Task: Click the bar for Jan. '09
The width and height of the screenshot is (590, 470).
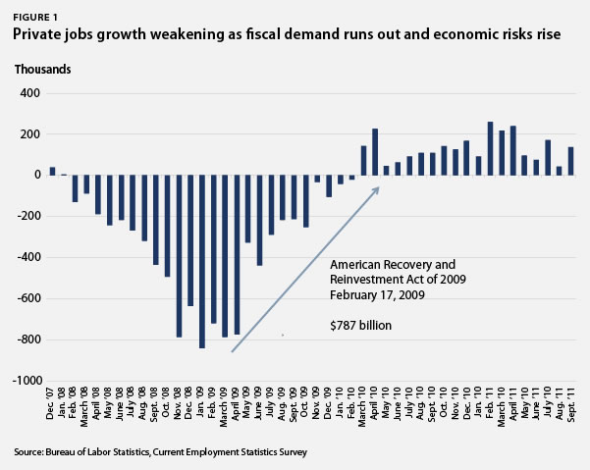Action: [x=202, y=262]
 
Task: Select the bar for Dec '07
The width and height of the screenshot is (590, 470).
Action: [x=52, y=171]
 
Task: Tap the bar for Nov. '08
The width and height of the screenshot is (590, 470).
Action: [x=179, y=256]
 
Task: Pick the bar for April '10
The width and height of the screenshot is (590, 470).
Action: [x=375, y=152]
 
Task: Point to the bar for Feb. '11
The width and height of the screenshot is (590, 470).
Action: [x=490, y=148]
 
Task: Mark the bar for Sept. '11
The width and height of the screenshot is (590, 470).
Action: [x=570, y=161]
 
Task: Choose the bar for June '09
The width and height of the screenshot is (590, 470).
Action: [x=259, y=221]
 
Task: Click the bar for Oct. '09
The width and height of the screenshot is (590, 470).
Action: [x=305, y=201]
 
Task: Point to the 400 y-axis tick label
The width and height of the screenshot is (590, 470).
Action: [x=29, y=93]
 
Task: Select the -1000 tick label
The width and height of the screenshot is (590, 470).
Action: [x=27, y=381]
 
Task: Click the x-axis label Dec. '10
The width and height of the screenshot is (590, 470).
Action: [x=466, y=403]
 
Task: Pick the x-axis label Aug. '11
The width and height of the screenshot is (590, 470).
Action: [x=560, y=403]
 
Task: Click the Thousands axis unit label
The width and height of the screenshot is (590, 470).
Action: [x=42, y=70]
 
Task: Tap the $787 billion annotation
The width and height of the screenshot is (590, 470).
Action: [x=360, y=325]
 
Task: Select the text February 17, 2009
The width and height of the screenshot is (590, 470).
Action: [x=377, y=294]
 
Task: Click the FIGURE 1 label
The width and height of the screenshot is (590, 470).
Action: [x=35, y=18]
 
